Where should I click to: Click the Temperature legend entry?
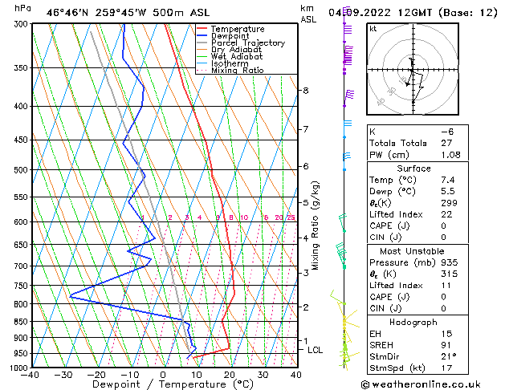[237, 29]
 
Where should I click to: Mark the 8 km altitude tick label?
[306, 91]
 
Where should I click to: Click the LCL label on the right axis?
[316, 350]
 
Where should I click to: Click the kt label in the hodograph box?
[373, 28]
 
